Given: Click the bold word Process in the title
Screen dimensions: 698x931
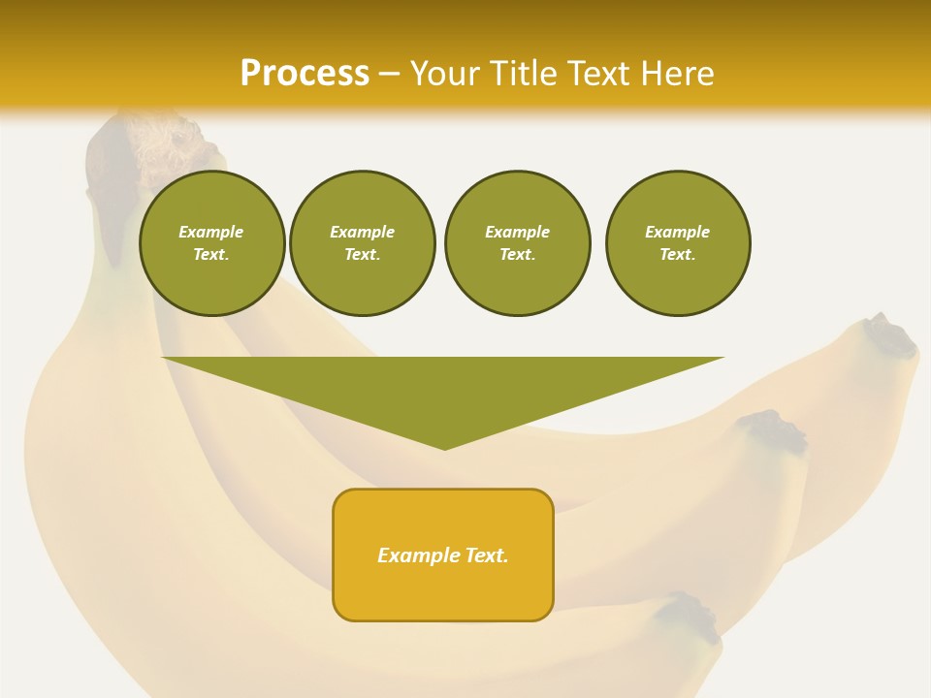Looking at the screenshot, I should pos(305,74).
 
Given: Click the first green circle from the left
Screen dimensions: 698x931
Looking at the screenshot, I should pos(212,243).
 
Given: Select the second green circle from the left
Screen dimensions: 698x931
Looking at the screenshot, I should pos(363,243).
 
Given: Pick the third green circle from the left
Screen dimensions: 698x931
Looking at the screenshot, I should pos(518,243).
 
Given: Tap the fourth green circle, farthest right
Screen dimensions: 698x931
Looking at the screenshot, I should pos(678,243).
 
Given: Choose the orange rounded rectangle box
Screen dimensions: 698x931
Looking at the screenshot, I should pos(443,591).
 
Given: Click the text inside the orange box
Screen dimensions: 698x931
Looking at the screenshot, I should pos(443,555).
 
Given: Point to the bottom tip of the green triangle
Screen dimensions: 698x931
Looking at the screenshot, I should pos(444,447).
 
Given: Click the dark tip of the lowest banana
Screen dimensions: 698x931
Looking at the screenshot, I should pos(694,617).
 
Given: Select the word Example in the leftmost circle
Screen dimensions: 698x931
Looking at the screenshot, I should pos(211,232).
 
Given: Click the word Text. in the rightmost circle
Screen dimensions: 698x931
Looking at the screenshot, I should pos(678,255).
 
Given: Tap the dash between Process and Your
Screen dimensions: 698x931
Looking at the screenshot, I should pos(389,74).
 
